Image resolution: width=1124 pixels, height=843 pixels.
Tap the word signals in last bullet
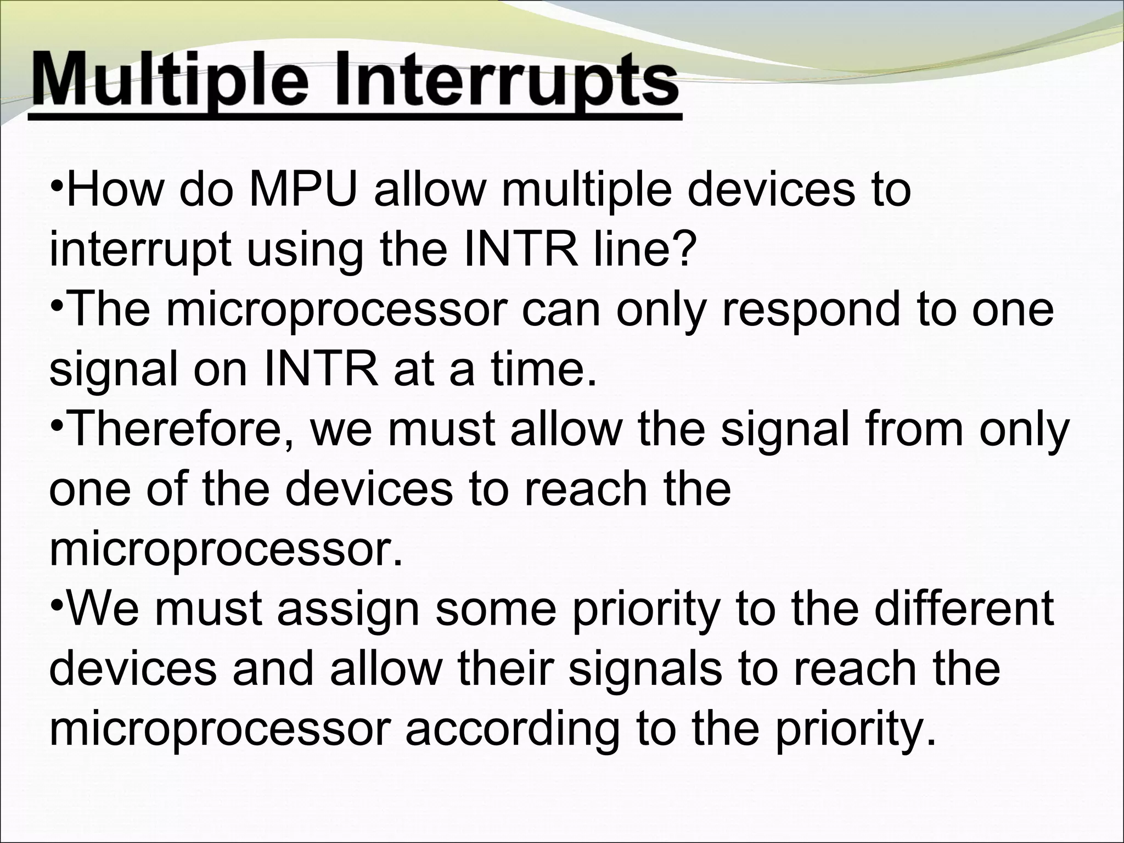[645, 670]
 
